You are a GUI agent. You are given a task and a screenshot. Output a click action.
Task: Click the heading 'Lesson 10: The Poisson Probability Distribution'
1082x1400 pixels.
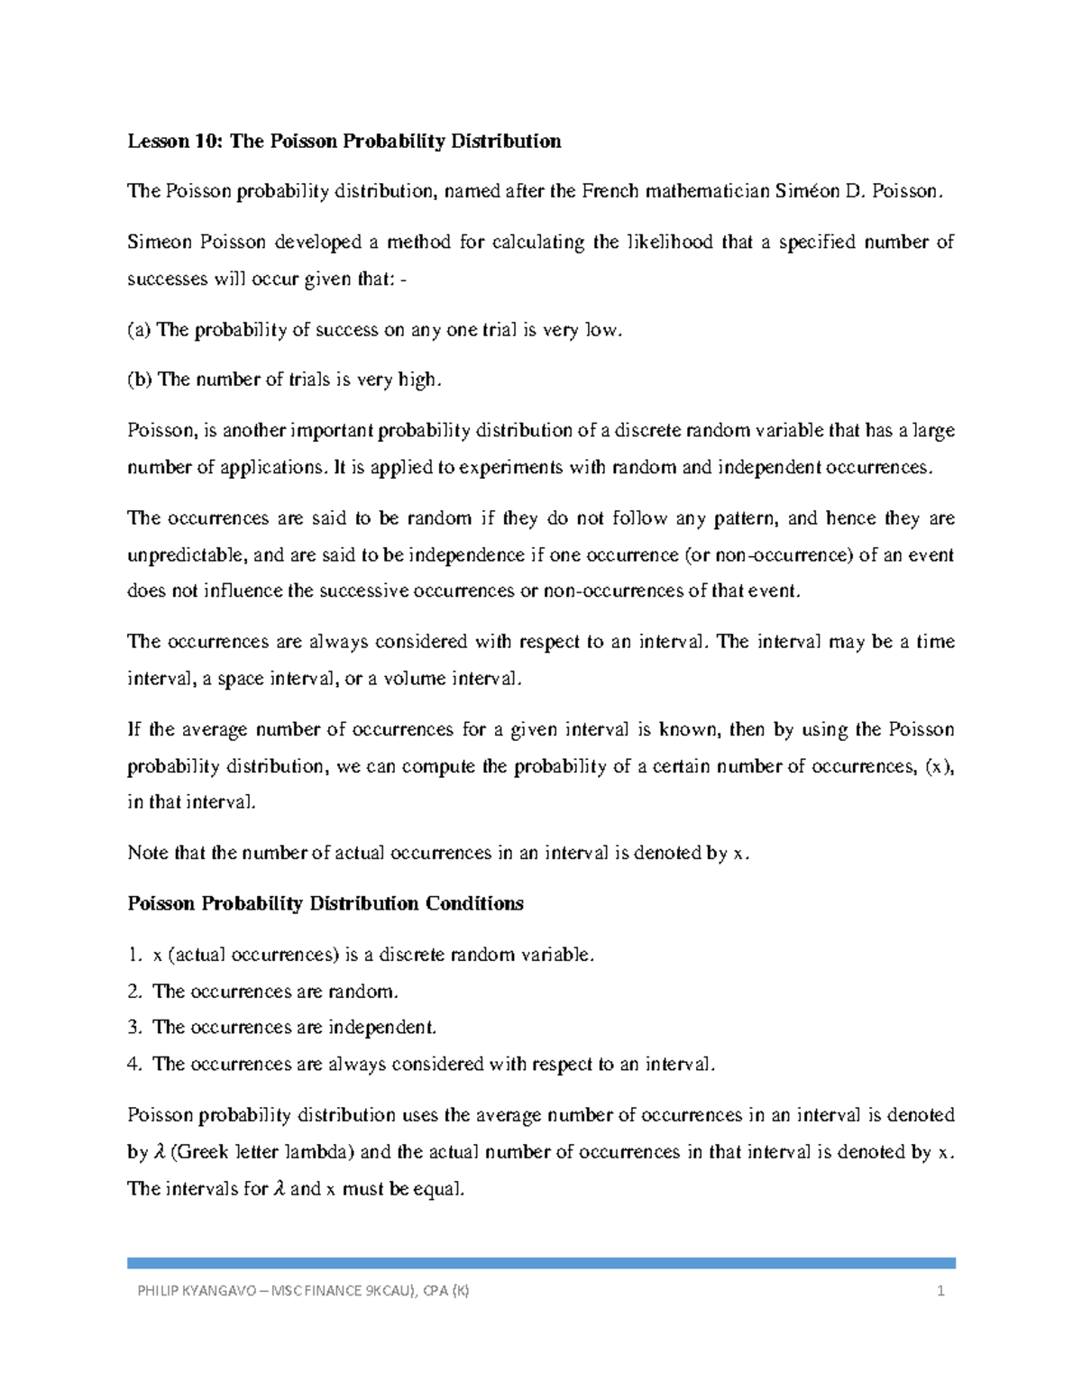[344, 142]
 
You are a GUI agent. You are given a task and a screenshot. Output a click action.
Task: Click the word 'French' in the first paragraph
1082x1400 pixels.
[610, 191]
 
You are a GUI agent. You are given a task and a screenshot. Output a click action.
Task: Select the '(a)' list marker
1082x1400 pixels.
[139, 330]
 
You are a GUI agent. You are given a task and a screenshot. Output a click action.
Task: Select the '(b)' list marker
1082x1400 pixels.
[140, 380]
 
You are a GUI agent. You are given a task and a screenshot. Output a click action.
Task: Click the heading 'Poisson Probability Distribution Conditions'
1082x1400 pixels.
[326, 904]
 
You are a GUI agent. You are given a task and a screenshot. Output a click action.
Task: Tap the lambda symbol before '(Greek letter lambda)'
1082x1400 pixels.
[160, 1152]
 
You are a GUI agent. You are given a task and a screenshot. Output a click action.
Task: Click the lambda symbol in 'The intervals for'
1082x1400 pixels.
[279, 1189]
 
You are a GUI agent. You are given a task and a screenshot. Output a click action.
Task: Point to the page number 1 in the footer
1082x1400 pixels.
[940, 1291]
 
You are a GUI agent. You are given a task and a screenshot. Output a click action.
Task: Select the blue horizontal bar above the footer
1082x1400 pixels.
[541, 1263]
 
